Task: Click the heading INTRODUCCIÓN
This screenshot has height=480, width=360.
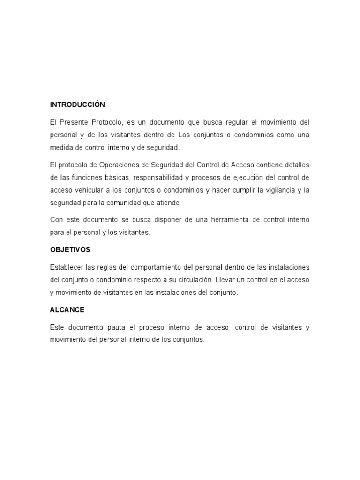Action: pos(77,105)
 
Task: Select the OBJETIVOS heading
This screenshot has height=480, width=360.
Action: pos(70,249)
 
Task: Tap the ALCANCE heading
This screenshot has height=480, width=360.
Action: pos(67,310)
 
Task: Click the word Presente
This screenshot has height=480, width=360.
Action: pos(74,122)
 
